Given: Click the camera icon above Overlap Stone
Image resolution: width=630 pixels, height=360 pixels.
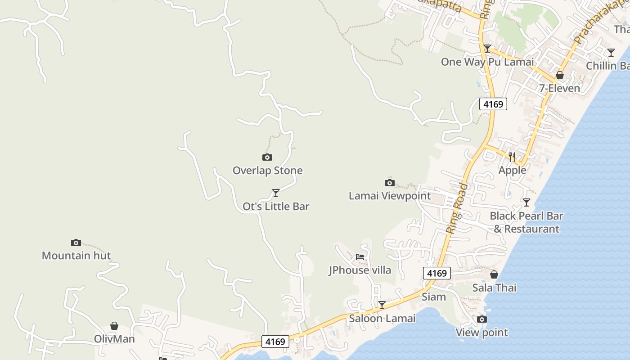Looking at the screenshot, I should [x=267, y=157].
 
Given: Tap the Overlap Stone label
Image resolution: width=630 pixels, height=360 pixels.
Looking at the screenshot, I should [x=267, y=171].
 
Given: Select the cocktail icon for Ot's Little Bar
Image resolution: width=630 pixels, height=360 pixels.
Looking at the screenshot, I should [x=276, y=193].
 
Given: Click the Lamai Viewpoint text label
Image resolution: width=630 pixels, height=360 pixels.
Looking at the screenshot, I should [x=390, y=196].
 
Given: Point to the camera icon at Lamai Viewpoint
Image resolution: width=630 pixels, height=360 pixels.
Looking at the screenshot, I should [x=390, y=183].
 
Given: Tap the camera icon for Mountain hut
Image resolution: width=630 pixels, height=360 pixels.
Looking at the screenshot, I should [x=76, y=243].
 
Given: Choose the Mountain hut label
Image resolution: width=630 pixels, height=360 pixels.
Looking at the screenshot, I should [x=76, y=256].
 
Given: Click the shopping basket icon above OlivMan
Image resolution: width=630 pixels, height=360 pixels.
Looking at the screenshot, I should [x=114, y=326].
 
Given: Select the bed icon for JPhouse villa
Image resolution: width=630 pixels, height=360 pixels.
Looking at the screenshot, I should [x=360, y=257].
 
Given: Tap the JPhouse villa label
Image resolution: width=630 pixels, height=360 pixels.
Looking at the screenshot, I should [x=360, y=270].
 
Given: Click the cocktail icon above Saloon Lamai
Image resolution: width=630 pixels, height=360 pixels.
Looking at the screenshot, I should [x=382, y=305].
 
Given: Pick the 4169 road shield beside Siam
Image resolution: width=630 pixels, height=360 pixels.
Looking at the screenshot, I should [x=436, y=273].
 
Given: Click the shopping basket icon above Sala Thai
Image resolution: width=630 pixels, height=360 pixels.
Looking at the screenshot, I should [x=494, y=274].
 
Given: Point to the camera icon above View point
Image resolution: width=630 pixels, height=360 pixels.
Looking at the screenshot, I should [x=482, y=319].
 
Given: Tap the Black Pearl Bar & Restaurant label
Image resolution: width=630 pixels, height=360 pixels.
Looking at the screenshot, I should [x=526, y=222].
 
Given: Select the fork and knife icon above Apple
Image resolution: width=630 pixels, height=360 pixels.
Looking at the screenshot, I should [x=512, y=157].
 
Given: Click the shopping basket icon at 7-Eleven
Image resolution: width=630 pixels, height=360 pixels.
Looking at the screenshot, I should [x=560, y=75].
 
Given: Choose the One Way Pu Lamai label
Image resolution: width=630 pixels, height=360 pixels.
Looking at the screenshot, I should [x=487, y=62].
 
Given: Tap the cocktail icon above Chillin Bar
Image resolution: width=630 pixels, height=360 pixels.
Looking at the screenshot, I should [x=611, y=53].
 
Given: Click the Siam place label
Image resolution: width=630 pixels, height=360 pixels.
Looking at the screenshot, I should [x=434, y=297].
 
